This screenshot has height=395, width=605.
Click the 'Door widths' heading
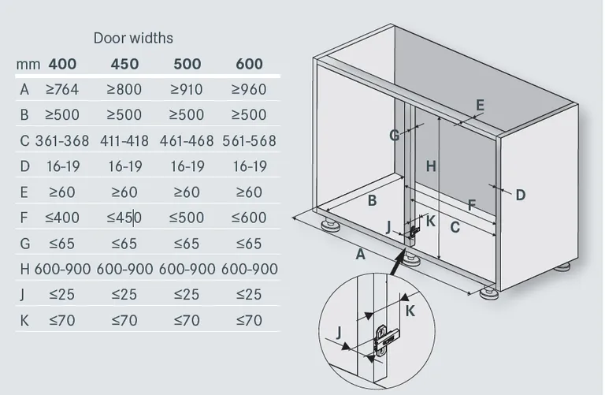[x=133, y=38]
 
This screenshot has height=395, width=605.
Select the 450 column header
[x=124, y=64]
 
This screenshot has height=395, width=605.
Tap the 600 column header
[x=249, y=64]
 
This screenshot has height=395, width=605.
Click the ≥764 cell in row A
[x=62, y=90]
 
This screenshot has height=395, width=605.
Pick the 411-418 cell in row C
[x=124, y=141]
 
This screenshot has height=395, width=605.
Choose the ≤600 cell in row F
[x=249, y=218]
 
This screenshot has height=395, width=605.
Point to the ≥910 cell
[x=187, y=90]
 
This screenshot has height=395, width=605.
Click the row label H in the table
[x=24, y=269]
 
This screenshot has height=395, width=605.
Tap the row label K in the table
[x=24, y=320]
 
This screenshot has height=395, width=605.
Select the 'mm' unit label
[x=28, y=65]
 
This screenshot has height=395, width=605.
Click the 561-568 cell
[x=249, y=141]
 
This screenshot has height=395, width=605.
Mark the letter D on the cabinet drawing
[x=521, y=195]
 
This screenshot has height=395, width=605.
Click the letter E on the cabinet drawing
[x=480, y=105]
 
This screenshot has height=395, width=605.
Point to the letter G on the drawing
[x=395, y=136]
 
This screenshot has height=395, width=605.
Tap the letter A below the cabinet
[x=360, y=255]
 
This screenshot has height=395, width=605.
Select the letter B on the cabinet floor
[x=372, y=201]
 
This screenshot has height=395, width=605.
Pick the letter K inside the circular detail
[x=410, y=311]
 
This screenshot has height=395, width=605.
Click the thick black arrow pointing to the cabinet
[x=397, y=263]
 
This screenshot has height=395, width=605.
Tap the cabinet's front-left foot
[x=331, y=225]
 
